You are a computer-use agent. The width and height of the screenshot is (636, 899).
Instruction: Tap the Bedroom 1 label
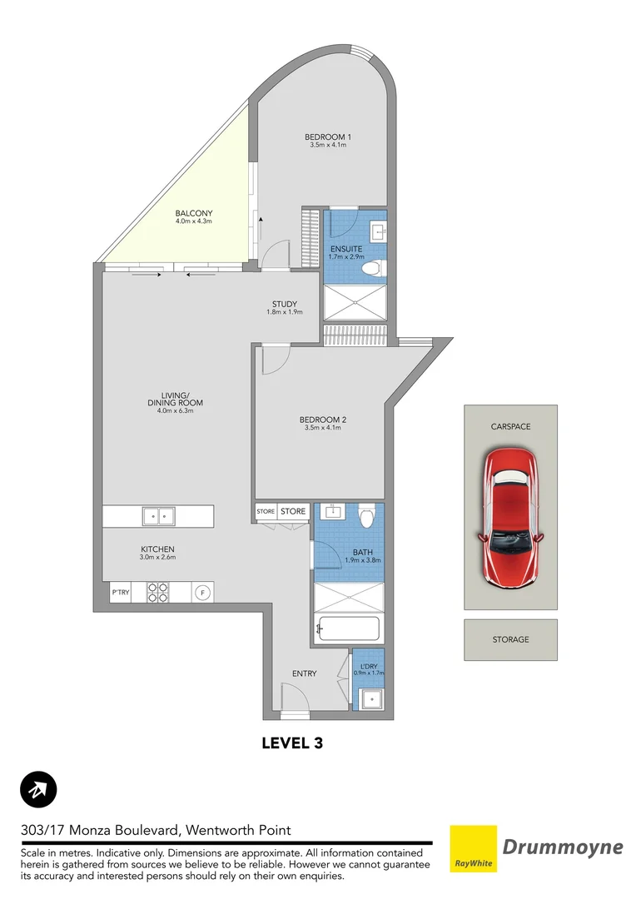pyautogui.click(x=327, y=137)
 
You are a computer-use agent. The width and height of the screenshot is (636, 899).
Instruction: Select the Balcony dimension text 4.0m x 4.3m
pyautogui.click(x=194, y=221)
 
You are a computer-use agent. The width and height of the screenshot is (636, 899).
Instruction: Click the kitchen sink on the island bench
pyautogui.click(x=157, y=516)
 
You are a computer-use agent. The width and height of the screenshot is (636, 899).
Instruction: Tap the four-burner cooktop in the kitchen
pyautogui.click(x=157, y=592)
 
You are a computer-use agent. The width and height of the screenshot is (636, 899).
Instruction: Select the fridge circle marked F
pyautogui.click(x=201, y=593)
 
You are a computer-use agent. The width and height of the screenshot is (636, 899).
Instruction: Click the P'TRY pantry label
pyautogui.click(x=121, y=593)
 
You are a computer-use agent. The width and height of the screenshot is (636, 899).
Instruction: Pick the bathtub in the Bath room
pyautogui.click(x=349, y=630)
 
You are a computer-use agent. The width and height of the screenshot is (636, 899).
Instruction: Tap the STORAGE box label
pyautogui.click(x=510, y=639)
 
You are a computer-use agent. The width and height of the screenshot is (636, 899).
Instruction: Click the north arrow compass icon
pyautogui.click(x=37, y=789)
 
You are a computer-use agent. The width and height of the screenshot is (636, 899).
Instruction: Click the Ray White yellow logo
pyautogui.click(x=473, y=849)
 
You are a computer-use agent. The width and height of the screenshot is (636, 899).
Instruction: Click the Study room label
pyautogui.click(x=284, y=304)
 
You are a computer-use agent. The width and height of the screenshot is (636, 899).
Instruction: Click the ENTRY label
pyautogui.click(x=304, y=673)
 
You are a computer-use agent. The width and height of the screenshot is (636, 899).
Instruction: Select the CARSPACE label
pyautogui.click(x=510, y=426)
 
